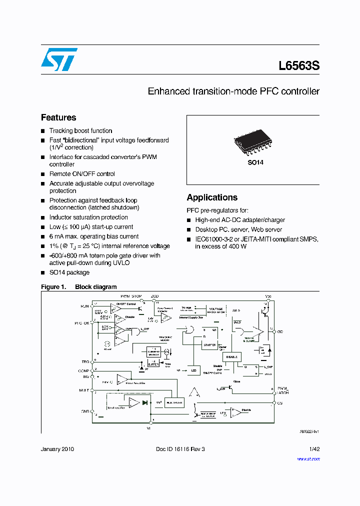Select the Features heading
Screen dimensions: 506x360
pos(58,117)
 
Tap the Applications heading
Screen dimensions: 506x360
pos(212,197)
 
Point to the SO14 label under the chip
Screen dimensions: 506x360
pos(255,163)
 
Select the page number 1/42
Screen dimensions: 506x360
pos(314,449)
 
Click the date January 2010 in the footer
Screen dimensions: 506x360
pos(57,449)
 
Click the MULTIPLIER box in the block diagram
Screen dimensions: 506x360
pos(174,402)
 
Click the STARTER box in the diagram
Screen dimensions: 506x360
pos(210,345)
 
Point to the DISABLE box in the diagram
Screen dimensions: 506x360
pos(231,357)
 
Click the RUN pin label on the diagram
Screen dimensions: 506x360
pos(84,305)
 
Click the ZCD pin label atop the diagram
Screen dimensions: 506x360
pos(155,296)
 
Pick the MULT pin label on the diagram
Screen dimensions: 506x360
pos(84,390)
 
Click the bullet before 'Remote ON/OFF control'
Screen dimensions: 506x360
pos(43,174)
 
